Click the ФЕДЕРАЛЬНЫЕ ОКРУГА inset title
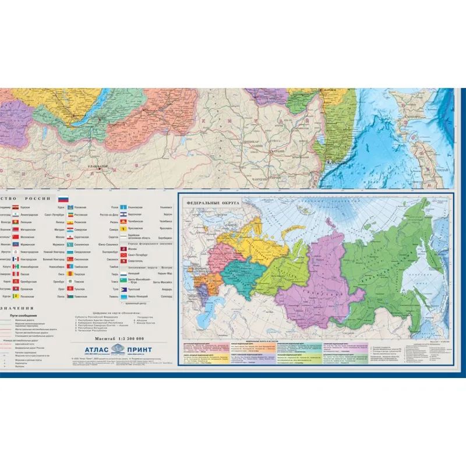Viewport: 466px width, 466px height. click(x=209, y=203)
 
